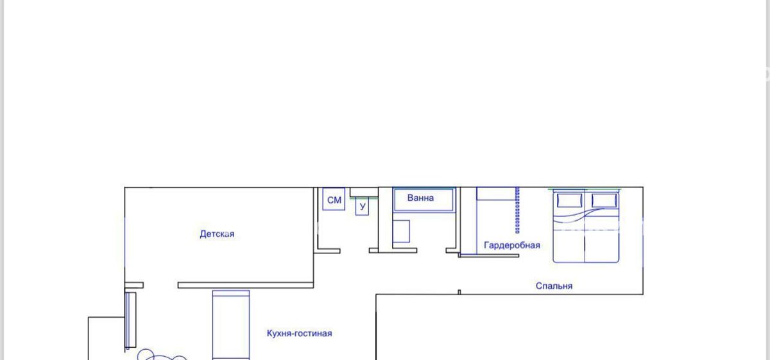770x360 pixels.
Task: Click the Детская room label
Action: (x=217, y=234)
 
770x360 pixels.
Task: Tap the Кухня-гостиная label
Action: (x=300, y=333)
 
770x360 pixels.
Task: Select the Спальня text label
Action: (x=554, y=286)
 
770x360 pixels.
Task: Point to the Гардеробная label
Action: (x=512, y=245)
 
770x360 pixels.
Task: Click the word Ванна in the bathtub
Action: (x=420, y=198)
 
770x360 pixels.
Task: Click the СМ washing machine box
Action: (x=334, y=199)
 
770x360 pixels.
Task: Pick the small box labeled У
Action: (x=362, y=206)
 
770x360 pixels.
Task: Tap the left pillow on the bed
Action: (x=569, y=200)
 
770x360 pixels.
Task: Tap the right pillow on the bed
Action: (x=604, y=200)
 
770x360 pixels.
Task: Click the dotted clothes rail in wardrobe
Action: (x=517, y=210)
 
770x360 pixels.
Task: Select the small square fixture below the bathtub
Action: (x=401, y=232)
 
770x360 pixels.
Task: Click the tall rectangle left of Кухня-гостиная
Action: (x=231, y=325)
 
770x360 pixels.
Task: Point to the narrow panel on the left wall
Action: (x=130, y=320)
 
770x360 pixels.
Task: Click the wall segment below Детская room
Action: (x=245, y=286)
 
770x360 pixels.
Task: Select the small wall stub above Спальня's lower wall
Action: (x=459, y=292)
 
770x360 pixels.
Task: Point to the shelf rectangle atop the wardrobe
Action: (x=497, y=194)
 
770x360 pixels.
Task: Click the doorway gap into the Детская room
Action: (x=160, y=286)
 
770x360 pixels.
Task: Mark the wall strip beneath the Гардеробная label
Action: (x=488, y=255)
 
